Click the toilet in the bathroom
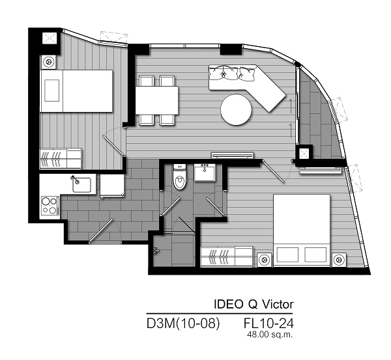(x=180, y=177)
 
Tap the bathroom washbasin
(x=205, y=172)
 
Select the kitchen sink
(x=81, y=185)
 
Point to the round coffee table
(x=236, y=109)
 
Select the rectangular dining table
(x=157, y=100)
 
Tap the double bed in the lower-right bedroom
(x=302, y=230)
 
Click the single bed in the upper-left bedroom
(x=76, y=91)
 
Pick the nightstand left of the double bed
(x=265, y=260)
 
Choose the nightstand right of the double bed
(x=339, y=260)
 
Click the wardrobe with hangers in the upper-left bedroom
(x=61, y=158)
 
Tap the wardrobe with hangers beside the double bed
(x=227, y=256)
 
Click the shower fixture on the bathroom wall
(x=156, y=251)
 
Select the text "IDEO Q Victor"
(x=254, y=304)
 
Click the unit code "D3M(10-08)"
(x=183, y=324)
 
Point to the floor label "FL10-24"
(x=268, y=324)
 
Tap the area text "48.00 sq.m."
(x=270, y=335)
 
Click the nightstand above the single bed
(x=49, y=62)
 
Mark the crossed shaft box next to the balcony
(x=304, y=153)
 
